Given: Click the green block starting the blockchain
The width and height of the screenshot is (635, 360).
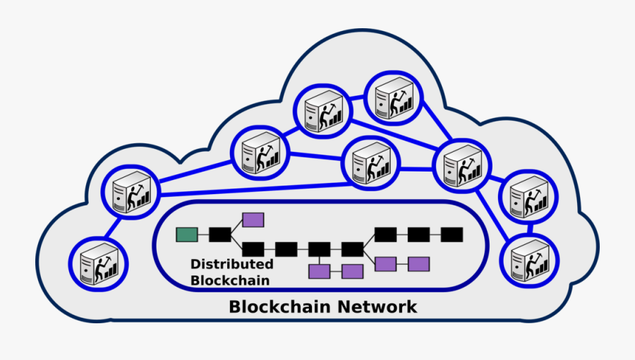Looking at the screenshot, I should coord(186,234).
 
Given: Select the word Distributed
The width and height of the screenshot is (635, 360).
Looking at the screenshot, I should coord(231,264).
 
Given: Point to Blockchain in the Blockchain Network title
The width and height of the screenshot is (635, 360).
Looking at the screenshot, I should coord(279,307).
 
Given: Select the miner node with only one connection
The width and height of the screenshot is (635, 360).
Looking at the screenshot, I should coord(98,264).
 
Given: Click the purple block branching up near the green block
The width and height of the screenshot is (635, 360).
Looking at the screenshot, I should coord(253,220).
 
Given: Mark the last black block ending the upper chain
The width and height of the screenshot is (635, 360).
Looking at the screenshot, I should coord(452,234).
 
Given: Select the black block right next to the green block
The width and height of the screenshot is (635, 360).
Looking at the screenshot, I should coord(219,234).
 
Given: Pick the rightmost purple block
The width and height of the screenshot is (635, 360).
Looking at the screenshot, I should coord(418,264).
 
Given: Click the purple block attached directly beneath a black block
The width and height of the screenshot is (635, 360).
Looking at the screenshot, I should coord(320,271).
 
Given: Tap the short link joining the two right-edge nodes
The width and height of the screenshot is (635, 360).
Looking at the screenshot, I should coord(529,229).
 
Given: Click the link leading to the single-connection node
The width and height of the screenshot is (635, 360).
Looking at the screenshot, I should coord(113,227).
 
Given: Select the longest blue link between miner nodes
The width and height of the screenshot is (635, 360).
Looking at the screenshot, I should coord(254,188).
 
